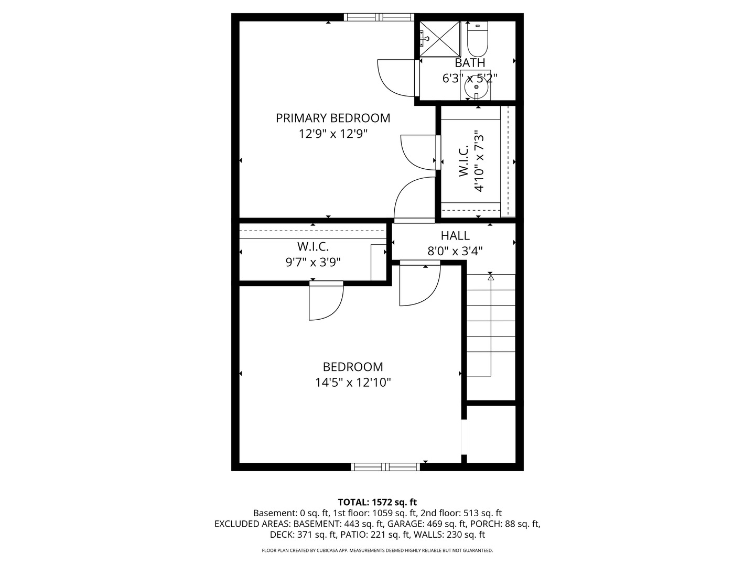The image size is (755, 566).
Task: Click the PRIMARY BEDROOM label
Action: [332, 118]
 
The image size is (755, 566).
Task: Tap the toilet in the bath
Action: [478, 39]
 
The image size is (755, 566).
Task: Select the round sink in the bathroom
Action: [476, 87]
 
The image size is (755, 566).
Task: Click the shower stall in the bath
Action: [440, 38]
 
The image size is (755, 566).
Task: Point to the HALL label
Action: [455, 236]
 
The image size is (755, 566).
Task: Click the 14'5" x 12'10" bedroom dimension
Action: [353, 383]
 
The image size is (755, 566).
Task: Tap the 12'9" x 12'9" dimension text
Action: [333, 134]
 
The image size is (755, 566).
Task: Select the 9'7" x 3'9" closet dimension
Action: [313, 263]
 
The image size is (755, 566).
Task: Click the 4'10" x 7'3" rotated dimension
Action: [479, 161]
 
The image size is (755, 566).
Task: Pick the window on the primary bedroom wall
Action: [379, 17]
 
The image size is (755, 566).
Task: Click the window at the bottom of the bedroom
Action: [385, 466]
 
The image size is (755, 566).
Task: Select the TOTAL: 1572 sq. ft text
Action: [377, 503]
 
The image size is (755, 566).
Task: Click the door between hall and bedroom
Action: [419, 283]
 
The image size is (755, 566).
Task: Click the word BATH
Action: [470, 63]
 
